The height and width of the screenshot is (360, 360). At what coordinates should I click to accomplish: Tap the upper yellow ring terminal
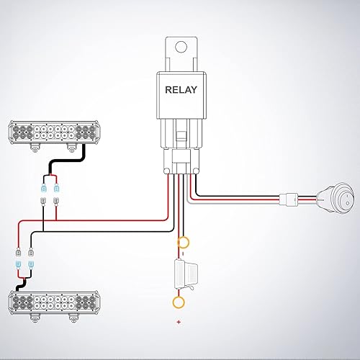click(184, 243)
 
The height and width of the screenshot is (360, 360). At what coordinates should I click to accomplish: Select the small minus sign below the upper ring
click(184, 253)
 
